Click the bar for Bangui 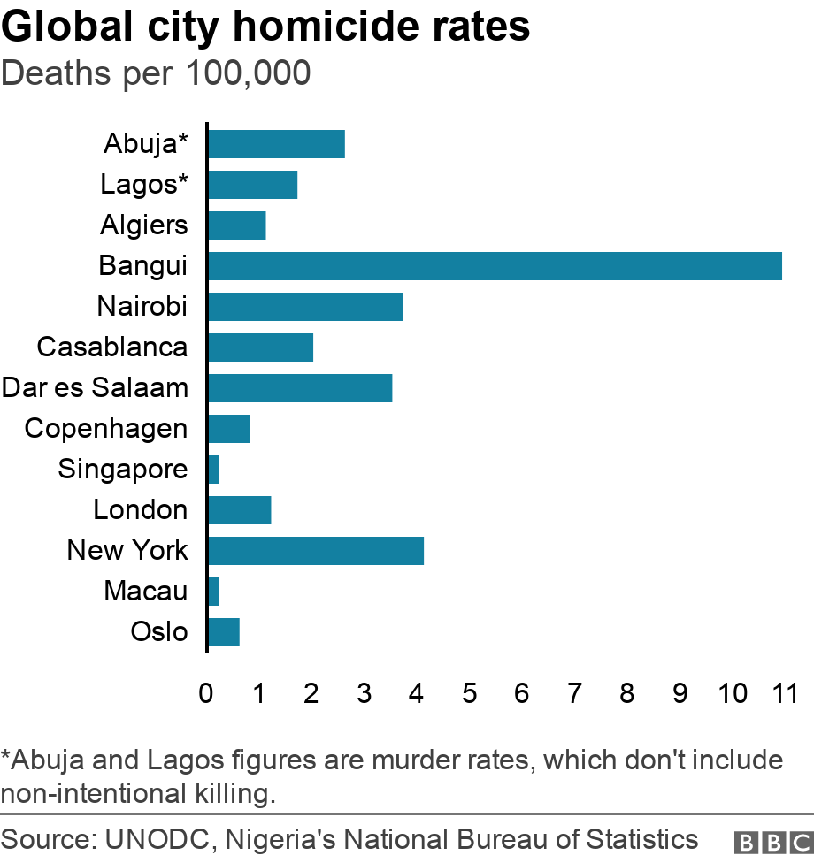click(495, 266)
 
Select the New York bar click(315, 551)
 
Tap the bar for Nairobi click(304, 307)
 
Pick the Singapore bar click(212, 470)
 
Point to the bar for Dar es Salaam click(299, 388)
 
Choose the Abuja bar click(275, 143)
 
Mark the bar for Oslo click(223, 632)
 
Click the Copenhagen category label click(106, 429)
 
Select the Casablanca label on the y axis click(112, 347)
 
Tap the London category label click(141, 510)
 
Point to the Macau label click(146, 591)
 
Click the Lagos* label click(144, 185)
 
